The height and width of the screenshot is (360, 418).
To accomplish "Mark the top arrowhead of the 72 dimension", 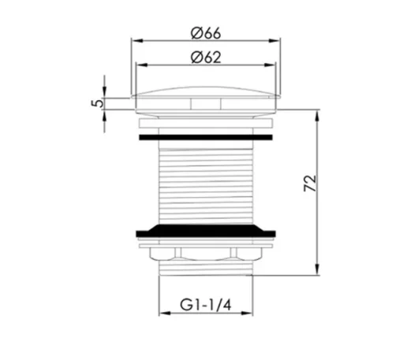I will tap(319, 102).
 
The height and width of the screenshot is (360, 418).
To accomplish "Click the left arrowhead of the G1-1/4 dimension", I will tap(162, 312).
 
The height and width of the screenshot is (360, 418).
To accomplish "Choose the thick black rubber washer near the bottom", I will tap(207, 232).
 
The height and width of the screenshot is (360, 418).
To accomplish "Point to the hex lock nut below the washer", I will tap(207, 254).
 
